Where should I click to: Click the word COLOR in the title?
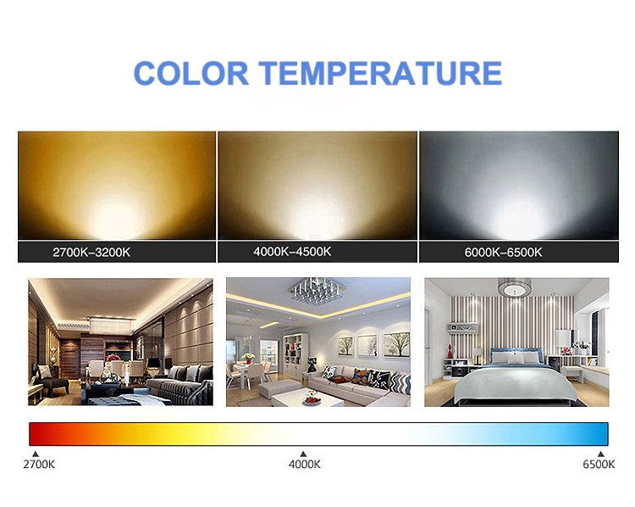click(190, 74)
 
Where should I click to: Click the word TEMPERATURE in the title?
click(380, 74)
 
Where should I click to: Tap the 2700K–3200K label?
click(91, 253)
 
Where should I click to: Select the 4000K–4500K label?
click(292, 252)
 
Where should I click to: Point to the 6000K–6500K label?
click(503, 253)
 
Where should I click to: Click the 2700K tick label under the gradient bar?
click(39, 465)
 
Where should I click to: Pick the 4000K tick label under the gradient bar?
click(305, 465)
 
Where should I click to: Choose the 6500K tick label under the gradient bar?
click(599, 465)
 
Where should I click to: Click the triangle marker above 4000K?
click(303, 454)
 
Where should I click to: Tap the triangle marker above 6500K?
click(601, 454)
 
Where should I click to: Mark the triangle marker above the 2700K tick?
click(36, 454)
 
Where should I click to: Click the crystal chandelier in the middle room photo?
click(317, 290)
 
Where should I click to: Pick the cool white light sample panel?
click(519, 186)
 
